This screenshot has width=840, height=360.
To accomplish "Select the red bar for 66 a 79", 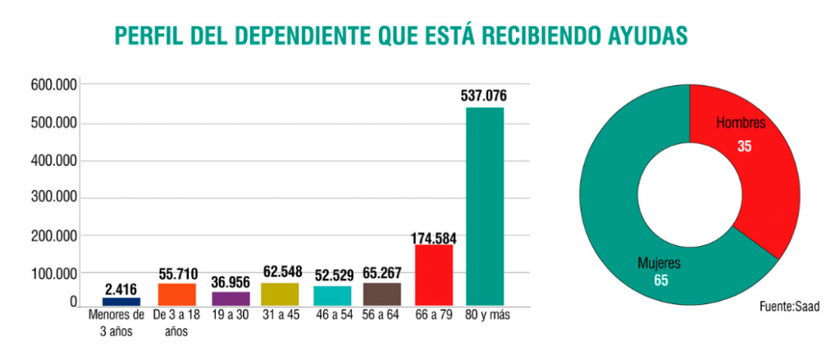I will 434,275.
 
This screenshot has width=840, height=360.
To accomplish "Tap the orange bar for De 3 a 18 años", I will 177,294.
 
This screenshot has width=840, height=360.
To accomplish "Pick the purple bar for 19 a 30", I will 230,298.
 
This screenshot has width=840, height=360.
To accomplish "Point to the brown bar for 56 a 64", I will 382,294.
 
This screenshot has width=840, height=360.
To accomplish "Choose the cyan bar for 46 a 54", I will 331,295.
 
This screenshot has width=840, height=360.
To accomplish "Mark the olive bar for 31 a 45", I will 280,294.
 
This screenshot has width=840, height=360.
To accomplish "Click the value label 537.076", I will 484,97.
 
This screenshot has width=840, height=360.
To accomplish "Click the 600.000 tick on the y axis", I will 53,85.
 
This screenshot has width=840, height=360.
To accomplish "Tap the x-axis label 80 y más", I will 484,317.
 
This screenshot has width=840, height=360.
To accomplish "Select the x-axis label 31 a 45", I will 280,317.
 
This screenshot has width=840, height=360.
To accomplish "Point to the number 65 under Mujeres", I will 660,280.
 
